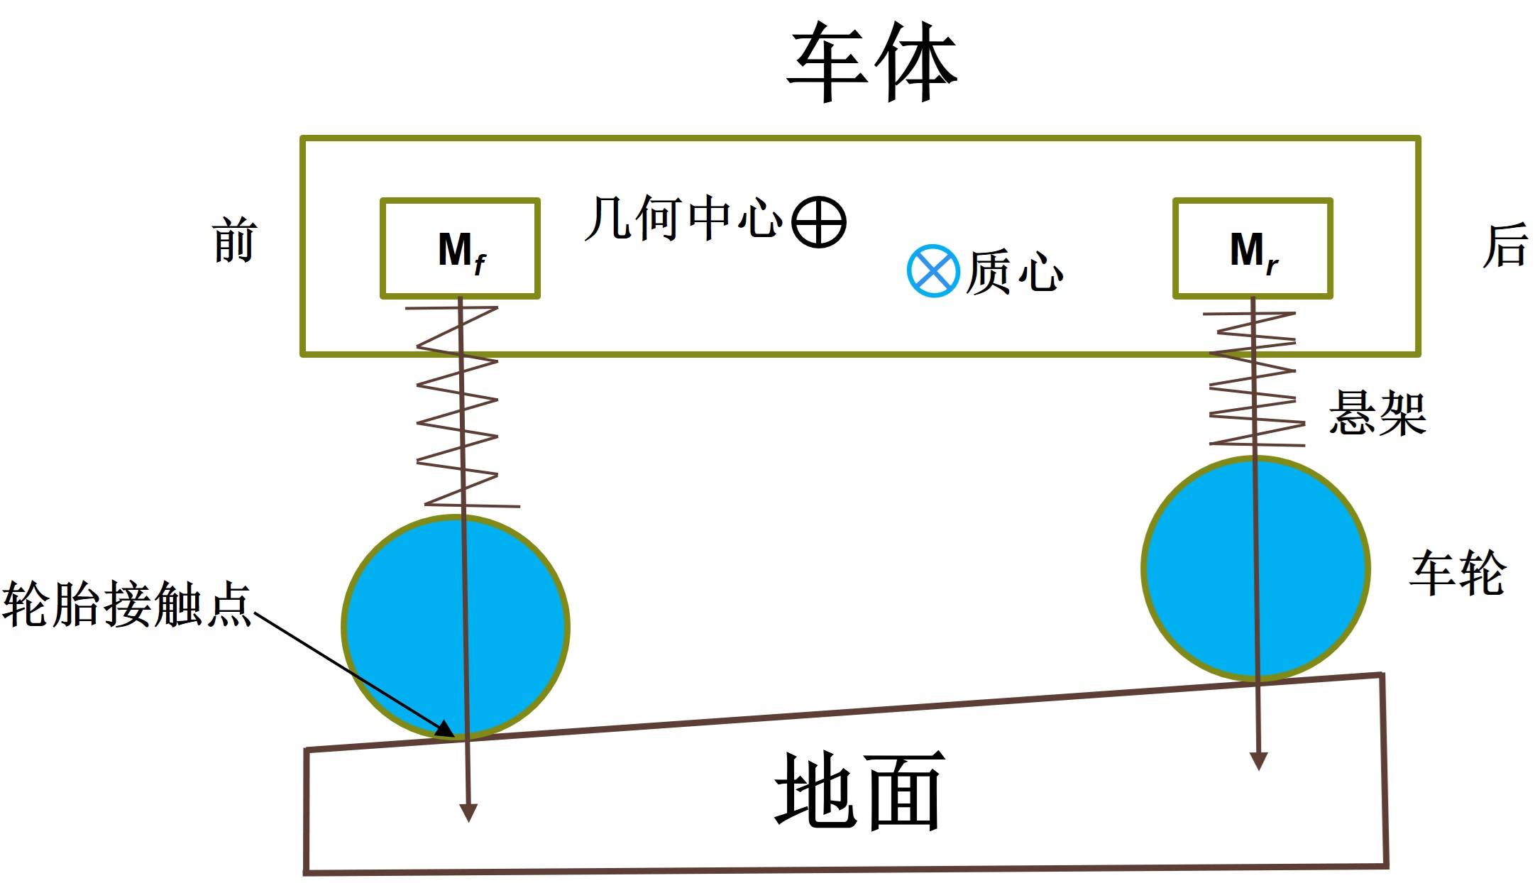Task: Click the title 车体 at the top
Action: click(x=872, y=62)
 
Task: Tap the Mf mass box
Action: click(x=461, y=248)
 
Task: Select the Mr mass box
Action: click(x=1253, y=248)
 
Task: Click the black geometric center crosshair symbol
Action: click(x=819, y=221)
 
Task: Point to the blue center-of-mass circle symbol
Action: click(x=932, y=270)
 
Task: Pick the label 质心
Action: click(x=1015, y=272)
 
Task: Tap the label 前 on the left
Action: click(x=233, y=241)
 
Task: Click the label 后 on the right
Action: click(x=1504, y=246)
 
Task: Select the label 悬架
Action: click(x=1377, y=412)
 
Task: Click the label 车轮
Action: click(x=1458, y=573)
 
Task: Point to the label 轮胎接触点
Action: click(x=126, y=604)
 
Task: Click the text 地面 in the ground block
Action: click(x=859, y=791)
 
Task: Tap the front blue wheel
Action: click(x=412, y=625)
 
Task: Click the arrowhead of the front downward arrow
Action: click(x=468, y=813)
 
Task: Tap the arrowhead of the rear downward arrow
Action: click(x=1258, y=761)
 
